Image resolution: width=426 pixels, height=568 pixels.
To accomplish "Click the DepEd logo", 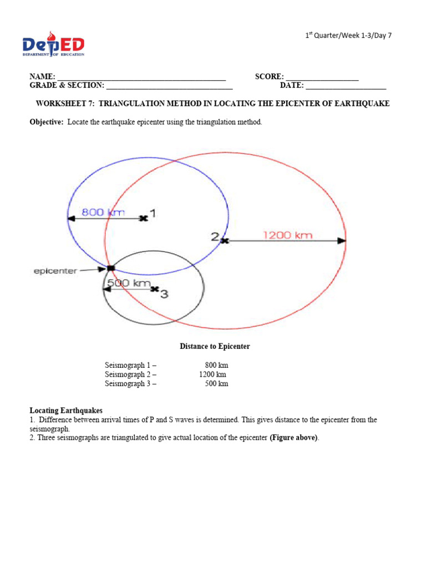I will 53,44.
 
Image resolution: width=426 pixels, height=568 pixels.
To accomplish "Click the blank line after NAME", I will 141,78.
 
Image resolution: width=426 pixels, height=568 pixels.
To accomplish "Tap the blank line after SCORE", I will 322,78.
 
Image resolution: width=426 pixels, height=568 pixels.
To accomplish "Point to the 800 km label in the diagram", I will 103,212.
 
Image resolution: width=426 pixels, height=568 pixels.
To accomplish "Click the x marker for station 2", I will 224,241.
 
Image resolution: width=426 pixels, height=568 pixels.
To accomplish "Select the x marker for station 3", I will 154,289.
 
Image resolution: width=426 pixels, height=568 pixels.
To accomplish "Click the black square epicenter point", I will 110,268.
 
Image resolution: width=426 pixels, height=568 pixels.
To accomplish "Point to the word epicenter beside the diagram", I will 55,271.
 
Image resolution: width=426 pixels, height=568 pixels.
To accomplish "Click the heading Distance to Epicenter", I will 215,347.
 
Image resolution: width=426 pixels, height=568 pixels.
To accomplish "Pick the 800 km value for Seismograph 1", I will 216,366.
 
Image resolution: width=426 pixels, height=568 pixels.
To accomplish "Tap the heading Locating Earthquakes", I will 66,411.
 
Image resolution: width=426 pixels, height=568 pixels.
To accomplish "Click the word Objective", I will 47,122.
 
